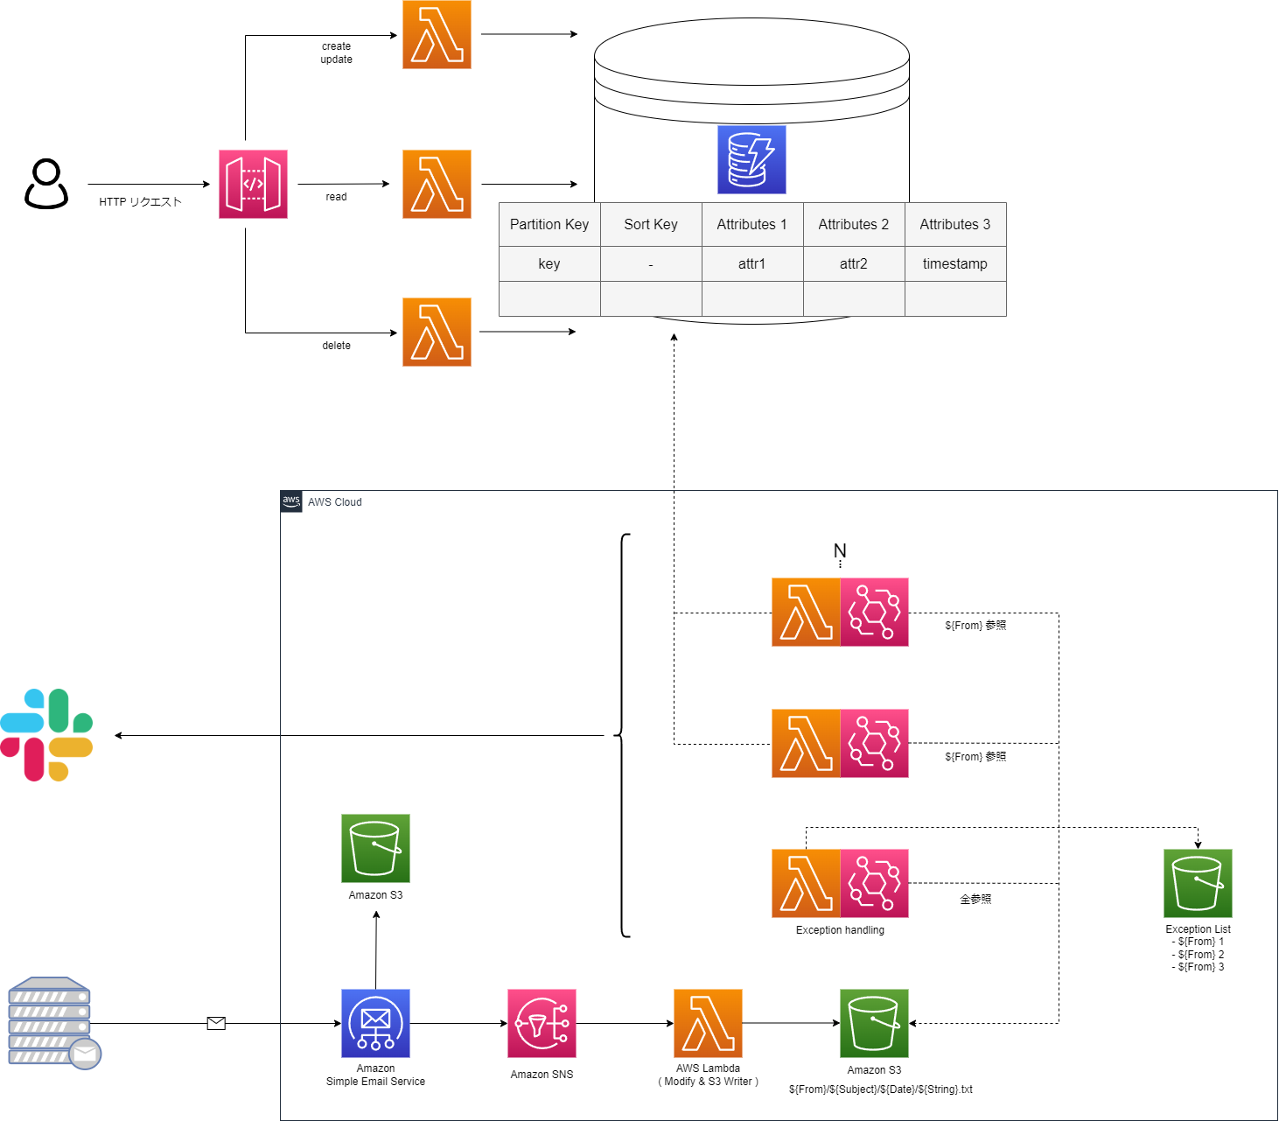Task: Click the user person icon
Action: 45,184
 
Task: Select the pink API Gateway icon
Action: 253,184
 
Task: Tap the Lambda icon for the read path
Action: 437,184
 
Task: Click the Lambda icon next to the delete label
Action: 437,332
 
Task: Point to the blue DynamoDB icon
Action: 751,159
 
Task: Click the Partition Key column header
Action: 549,224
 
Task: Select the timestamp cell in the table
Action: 954,263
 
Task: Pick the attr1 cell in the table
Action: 751,263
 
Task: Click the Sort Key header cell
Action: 651,224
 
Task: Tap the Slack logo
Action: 46,735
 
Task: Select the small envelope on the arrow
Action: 216,1023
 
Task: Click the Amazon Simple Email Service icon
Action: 375,1023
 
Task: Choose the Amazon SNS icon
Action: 542,1023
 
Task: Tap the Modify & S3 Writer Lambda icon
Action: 708,1023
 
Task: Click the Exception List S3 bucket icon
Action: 1198,883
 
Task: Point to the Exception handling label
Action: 840,930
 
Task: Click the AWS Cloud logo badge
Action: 291,501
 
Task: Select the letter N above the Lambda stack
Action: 840,550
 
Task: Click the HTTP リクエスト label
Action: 140,202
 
